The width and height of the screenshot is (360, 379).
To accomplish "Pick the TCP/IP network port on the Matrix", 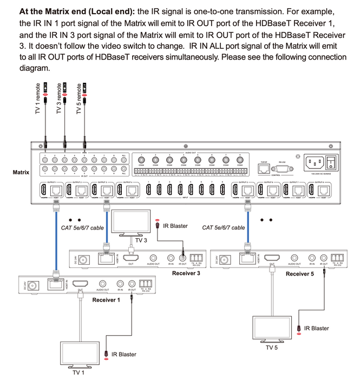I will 265,168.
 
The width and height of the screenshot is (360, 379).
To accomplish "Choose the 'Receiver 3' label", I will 186,273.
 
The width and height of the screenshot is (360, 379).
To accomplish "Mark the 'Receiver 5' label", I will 299,273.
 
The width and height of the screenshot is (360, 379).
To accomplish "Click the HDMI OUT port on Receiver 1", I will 81,283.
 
